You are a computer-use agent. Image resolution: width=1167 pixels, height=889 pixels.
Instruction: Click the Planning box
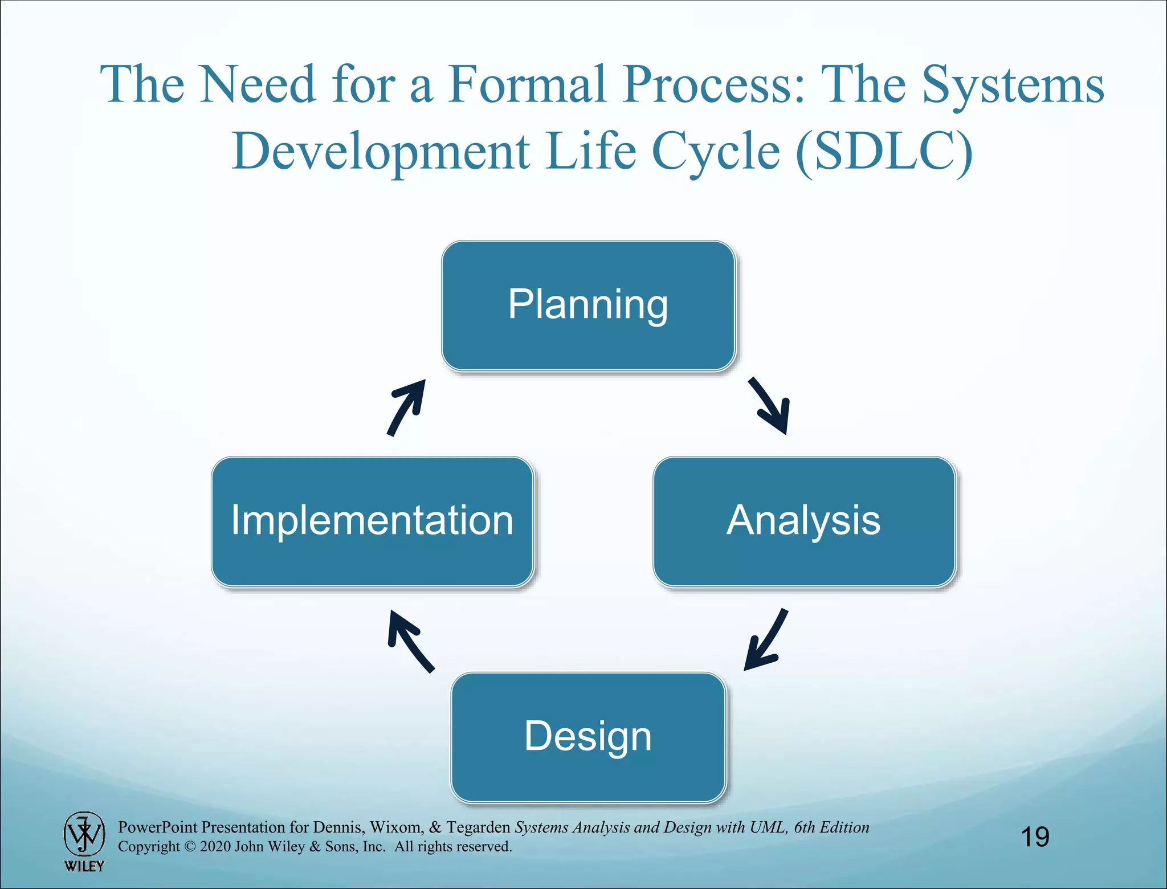pos(588,306)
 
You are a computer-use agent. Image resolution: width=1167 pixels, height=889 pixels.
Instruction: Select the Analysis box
pos(803,521)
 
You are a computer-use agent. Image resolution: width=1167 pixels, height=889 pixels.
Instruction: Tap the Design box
pos(588,737)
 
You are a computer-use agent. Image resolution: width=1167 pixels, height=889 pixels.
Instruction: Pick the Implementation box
pos(372,521)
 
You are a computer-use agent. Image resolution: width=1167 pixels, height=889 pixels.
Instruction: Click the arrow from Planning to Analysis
pos(771,406)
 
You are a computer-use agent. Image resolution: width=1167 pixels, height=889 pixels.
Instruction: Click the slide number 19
pos(1035,837)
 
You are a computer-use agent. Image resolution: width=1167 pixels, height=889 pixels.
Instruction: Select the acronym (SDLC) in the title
pos(883,151)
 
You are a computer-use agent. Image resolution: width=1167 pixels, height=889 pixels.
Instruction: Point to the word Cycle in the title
pos(715,151)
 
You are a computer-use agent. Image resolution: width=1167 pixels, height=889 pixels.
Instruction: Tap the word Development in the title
pos(381,151)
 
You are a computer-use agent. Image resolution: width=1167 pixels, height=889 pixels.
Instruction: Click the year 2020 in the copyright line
pos(215,846)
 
